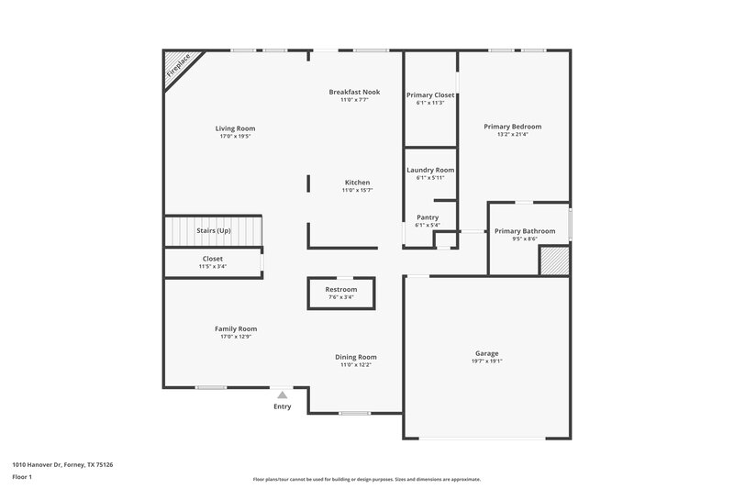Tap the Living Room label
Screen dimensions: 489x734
(x=235, y=128)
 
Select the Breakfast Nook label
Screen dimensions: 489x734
(x=354, y=92)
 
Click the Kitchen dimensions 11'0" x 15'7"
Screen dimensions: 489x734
(x=357, y=191)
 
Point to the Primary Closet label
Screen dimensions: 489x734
(x=430, y=94)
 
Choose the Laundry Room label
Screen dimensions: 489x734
(x=430, y=170)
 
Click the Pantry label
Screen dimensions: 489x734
(x=428, y=217)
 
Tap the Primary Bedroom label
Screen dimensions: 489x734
(x=512, y=127)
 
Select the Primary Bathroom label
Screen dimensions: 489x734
(x=525, y=231)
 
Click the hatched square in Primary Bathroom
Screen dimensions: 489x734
(x=554, y=261)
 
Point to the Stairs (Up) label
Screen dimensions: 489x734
(x=213, y=230)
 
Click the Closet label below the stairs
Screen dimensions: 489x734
(x=213, y=259)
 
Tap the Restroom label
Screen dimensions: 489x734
(x=341, y=290)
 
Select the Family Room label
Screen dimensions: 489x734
(x=236, y=328)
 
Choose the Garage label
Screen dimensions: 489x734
(x=486, y=353)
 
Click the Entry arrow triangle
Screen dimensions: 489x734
(x=283, y=395)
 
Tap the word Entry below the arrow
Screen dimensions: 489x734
(x=283, y=406)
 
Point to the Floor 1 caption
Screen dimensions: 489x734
(x=22, y=478)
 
